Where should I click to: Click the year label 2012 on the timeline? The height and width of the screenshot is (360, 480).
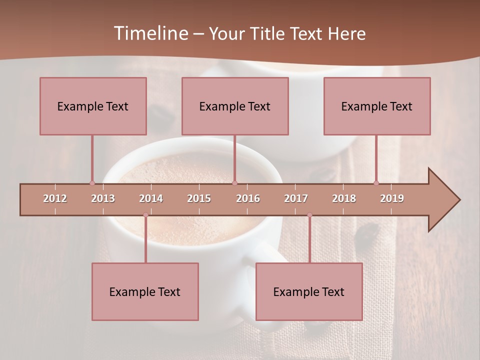pos(55,198)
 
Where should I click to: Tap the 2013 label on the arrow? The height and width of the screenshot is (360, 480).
pos(103,198)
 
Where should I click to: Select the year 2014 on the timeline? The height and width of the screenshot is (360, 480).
pos(151,198)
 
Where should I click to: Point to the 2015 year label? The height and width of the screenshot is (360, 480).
pos(199,198)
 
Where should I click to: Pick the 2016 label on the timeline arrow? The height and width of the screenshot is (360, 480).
pos(248,198)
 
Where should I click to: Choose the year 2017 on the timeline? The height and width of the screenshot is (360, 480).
pos(296,198)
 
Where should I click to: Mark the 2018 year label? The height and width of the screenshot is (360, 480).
pos(344,198)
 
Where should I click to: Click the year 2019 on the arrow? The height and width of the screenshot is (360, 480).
pos(392,198)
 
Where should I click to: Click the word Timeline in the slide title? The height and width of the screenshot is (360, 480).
pos(149,33)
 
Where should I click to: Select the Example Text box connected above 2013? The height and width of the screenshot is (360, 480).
pos(93,106)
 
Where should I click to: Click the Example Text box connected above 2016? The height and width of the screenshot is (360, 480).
pos(235,106)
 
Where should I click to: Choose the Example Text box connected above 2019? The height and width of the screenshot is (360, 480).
pos(377,106)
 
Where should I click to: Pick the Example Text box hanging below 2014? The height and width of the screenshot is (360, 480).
pos(145,291)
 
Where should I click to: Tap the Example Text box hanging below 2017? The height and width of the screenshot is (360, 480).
pos(309,291)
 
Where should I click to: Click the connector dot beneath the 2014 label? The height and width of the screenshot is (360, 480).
pos(145,215)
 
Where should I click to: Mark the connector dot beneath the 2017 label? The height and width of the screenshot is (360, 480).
pos(309,215)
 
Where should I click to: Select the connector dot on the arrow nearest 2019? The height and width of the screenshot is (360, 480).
pos(376,183)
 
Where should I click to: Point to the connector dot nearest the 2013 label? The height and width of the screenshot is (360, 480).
pos(92,183)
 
